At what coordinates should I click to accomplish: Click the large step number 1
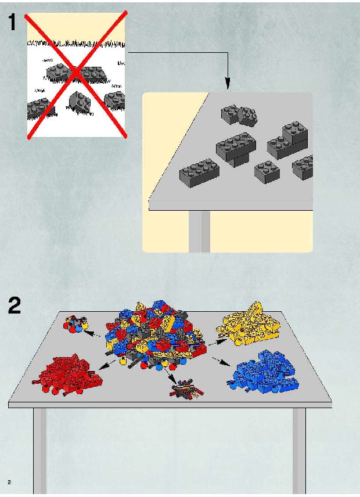click(13, 22)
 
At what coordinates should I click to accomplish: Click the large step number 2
click(15, 305)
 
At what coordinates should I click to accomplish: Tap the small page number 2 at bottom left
click(9, 482)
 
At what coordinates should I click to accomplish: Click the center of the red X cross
click(77, 74)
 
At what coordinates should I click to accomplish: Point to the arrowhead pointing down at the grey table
click(228, 84)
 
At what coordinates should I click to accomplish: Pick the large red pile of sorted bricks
click(67, 374)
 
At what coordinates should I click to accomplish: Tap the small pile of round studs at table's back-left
click(75, 323)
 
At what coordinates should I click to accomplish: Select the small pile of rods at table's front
click(186, 389)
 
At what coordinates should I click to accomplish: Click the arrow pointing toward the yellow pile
click(217, 341)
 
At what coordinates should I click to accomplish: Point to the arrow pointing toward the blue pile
click(221, 362)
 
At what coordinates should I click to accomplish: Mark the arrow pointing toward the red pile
click(107, 365)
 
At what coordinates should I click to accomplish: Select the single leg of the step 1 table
click(199, 232)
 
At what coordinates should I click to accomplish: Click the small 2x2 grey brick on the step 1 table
click(267, 171)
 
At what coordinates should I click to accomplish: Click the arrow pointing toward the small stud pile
click(92, 333)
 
